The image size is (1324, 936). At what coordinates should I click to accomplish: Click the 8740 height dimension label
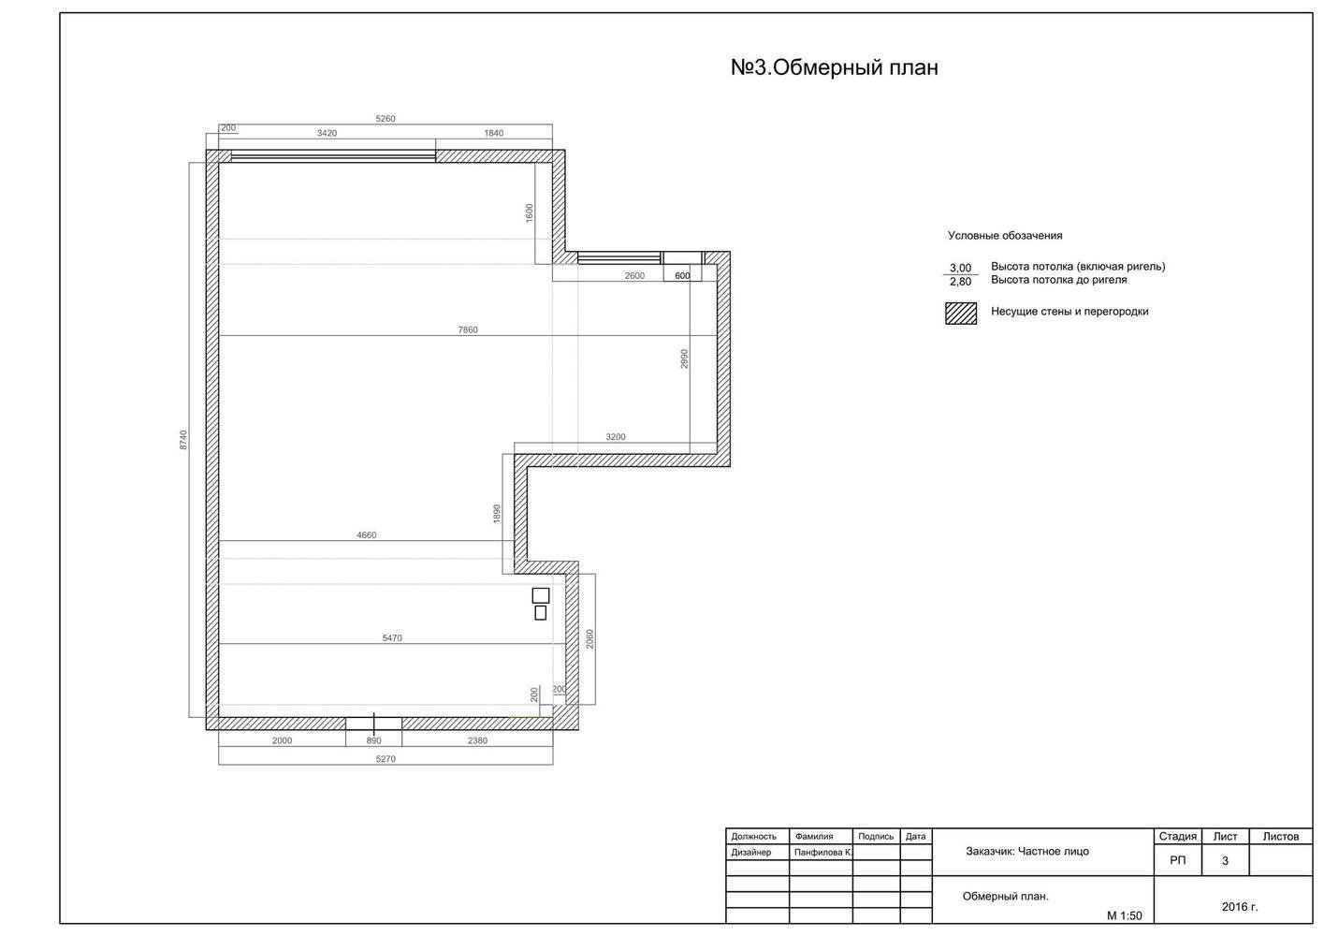[183, 440]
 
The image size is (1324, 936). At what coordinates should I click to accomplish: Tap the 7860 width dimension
[468, 329]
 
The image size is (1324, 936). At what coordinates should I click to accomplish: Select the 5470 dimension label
[392, 638]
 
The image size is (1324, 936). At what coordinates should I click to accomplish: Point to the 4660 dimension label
[367, 535]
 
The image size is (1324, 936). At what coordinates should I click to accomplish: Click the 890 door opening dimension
[373, 740]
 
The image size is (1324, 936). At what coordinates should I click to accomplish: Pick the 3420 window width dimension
[327, 133]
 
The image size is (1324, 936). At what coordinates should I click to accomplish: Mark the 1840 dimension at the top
[493, 133]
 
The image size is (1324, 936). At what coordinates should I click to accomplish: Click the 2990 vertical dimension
[685, 358]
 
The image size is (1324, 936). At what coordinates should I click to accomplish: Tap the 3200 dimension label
[616, 437]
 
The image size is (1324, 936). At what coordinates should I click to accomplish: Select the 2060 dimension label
[589, 639]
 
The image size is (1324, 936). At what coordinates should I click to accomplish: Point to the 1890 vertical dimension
[497, 513]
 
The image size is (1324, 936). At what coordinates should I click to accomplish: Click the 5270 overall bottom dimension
[386, 759]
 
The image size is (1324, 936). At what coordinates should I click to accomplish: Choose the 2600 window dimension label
[634, 275]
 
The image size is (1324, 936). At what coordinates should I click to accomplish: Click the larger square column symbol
[541, 595]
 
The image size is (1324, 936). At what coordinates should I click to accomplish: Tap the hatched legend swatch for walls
[961, 314]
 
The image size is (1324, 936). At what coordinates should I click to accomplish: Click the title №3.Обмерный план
[834, 68]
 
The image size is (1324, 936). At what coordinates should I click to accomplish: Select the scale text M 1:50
[1124, 916]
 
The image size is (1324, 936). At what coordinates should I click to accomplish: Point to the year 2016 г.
[1240, 906]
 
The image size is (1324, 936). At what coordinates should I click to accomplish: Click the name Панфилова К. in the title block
[822, 853]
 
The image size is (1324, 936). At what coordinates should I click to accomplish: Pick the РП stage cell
[1177, 860]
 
